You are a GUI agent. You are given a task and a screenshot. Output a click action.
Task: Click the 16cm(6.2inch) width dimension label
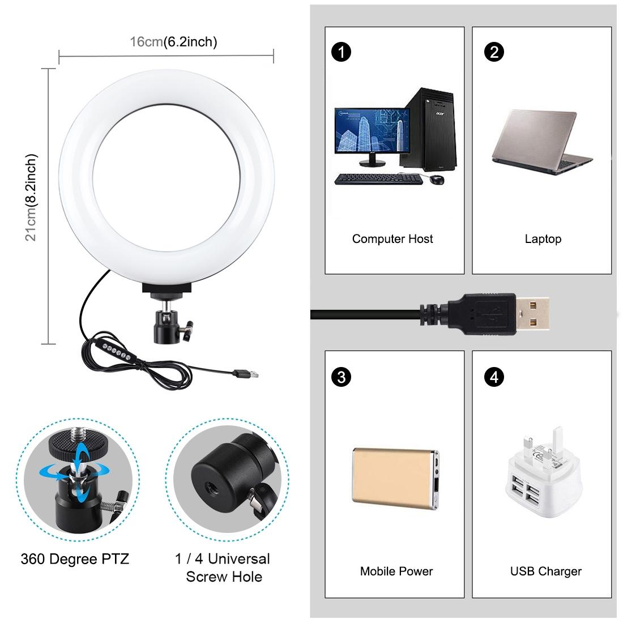(173, 41)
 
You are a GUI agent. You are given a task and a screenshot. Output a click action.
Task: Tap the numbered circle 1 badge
(342, 52)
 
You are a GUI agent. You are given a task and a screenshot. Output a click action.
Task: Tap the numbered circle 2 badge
(494, 52)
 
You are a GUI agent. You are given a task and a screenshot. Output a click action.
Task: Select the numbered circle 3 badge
(342, 377)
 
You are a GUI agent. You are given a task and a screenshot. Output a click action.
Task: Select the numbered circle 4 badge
(494, 377)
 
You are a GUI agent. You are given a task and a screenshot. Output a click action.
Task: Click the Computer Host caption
(392, 239)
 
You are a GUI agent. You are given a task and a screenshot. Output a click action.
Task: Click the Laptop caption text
(543, 239)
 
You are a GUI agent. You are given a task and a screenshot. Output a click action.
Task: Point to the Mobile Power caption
(396, 571)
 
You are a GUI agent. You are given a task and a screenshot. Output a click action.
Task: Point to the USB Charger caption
(545, 571)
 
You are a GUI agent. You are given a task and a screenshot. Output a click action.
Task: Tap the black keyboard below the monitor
(377, 179)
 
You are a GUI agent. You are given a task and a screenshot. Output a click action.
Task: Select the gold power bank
(395, 477)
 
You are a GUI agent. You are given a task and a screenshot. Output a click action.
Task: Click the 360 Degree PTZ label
(75, 560)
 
